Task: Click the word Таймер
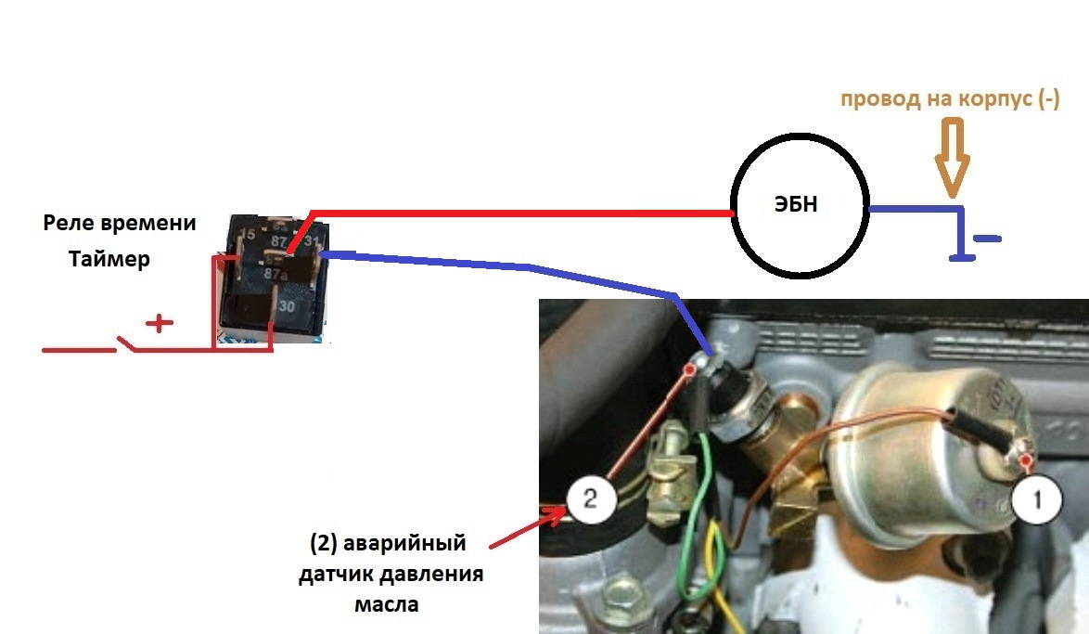(109, 261)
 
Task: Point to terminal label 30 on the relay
(288, 306)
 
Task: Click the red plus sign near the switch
(162, 323)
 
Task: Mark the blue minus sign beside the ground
(989, 239)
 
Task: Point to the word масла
(387, 605)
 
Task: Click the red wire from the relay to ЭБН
(519, 212)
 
